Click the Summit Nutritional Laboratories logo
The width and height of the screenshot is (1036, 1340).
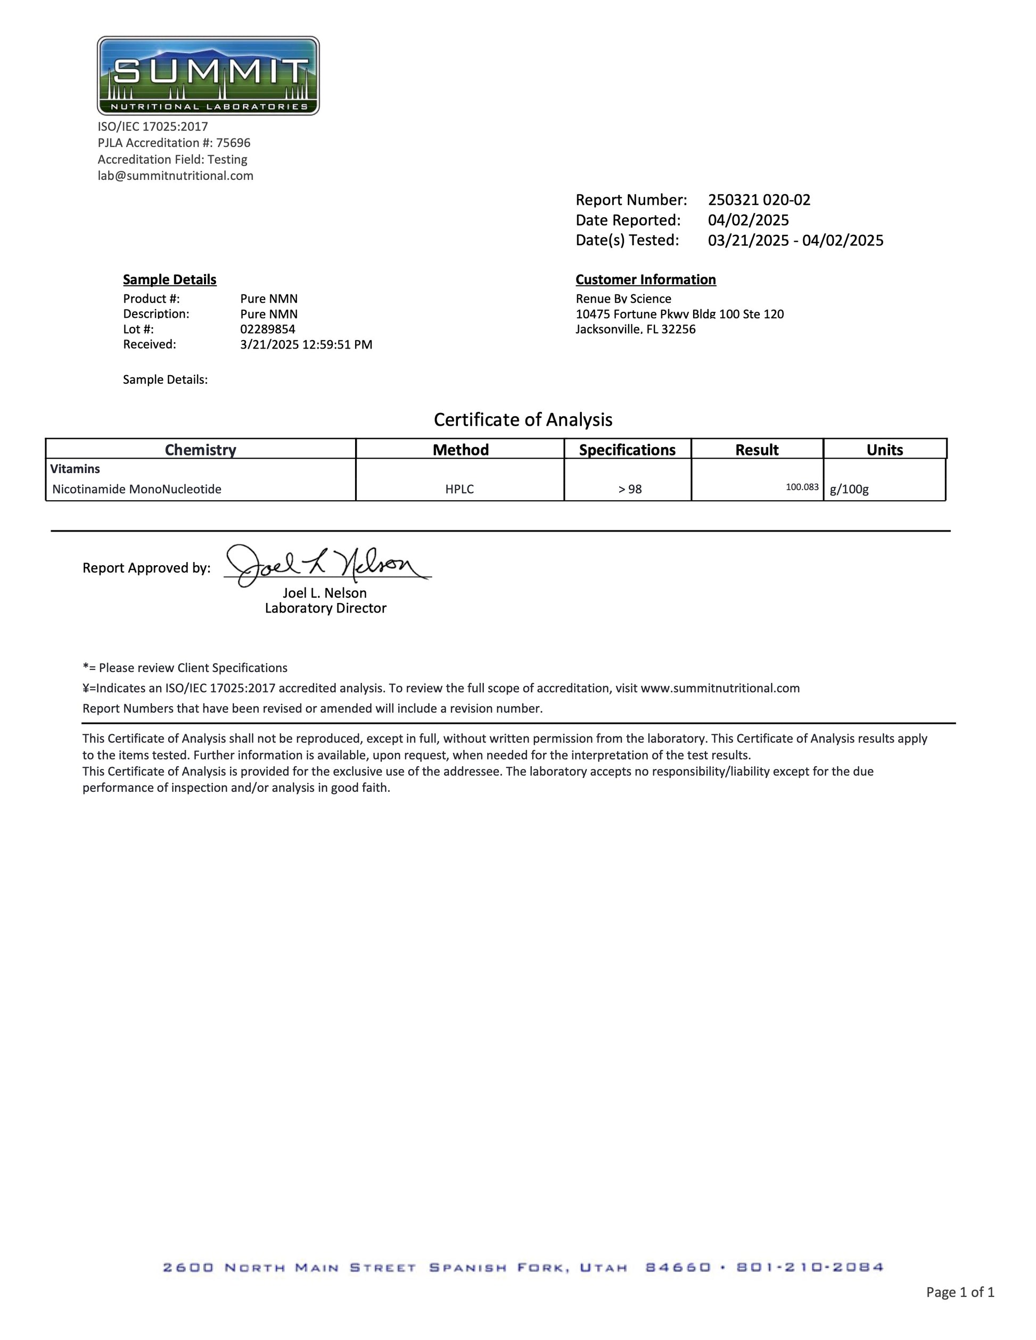pos(208,76)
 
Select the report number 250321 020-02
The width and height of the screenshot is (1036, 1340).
pos(759,200)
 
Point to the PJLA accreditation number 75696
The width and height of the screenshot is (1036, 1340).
pos(233,143)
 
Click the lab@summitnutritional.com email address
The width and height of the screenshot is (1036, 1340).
pos(176,176)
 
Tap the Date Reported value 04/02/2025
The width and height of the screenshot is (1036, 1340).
pos(748,220)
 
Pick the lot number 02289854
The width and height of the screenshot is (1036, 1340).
pos(268,329)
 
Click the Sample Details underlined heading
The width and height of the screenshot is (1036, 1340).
pos(169,280)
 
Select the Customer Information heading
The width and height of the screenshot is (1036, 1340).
pos(645,280)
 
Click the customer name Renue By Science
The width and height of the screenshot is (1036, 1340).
pos(623,299)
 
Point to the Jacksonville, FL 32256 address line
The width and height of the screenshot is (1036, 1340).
pos(635,329)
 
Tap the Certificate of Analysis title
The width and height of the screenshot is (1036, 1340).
pos(523,420)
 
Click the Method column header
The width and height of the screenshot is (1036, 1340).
pos(461,450)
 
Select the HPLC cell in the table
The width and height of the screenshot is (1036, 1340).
pos(459,490)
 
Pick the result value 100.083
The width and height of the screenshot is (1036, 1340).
pos(802,487)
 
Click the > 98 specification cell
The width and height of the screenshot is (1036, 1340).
pos(630,490)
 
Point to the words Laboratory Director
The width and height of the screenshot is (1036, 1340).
pos(325,609)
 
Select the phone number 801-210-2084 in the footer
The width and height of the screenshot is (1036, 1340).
pos(810,1268)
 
